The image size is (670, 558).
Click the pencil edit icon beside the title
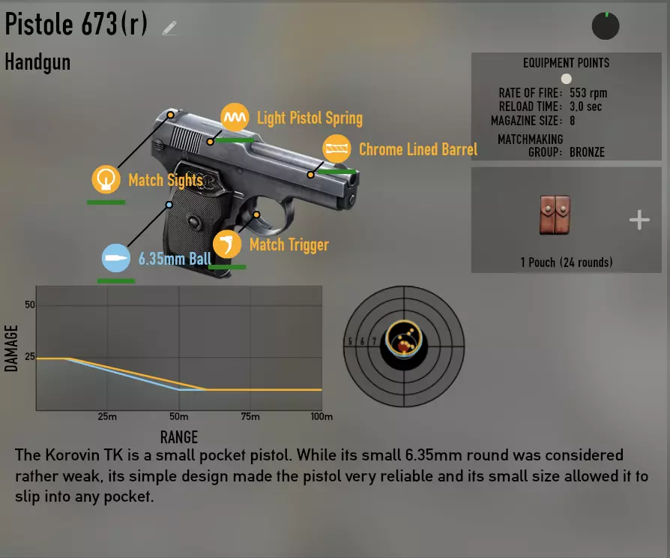169,28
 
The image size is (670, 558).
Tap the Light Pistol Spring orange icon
235,117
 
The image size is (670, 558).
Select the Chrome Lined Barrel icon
336,148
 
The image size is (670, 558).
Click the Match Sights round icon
106,179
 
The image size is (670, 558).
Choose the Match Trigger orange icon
227,244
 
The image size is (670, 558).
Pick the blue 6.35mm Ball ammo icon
116,258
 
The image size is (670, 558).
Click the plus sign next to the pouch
639,220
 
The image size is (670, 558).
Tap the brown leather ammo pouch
555,215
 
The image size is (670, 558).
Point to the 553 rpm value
588,93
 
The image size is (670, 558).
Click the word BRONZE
587,152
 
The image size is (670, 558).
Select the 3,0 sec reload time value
585,106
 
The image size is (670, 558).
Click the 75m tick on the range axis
250,416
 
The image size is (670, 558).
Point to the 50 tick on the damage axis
29,304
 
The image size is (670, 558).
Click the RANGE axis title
179,437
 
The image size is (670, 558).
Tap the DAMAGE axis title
11,349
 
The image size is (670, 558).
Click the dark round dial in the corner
606,26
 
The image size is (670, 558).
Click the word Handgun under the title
37,62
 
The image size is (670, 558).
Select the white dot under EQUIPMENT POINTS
566,79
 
